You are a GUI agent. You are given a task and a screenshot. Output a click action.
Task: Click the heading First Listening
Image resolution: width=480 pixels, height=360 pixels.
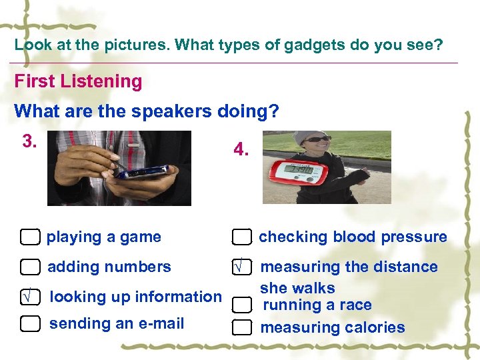tap(78, 82)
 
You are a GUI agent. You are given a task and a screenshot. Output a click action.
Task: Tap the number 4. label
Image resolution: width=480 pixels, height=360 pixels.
tap(241, 151)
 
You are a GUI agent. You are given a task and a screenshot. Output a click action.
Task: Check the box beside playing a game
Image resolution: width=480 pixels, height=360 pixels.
tap(30, 237)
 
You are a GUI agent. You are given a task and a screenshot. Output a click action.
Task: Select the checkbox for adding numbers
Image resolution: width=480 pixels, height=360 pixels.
tap(30, 267)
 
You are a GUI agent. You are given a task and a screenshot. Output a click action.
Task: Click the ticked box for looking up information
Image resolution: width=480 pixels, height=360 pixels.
tap(30, 297)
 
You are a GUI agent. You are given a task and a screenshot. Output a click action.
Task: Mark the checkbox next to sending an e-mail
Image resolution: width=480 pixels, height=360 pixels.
tap(30, 324)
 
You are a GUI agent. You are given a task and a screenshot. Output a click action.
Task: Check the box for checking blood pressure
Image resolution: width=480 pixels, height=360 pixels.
tap(241, 237)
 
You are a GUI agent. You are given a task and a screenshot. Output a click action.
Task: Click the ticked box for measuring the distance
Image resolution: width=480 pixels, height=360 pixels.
tap(241, 267)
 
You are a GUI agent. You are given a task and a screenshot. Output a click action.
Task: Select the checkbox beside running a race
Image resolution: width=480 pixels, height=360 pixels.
tap(241, 305)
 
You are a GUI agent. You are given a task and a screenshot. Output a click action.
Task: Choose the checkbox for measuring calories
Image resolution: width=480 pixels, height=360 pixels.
tap(241, 327)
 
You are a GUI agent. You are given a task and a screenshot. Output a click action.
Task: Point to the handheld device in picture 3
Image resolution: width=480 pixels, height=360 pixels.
tap(142, 172)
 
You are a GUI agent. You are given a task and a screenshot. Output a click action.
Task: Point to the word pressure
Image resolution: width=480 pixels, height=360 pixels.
tap(418, 237)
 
